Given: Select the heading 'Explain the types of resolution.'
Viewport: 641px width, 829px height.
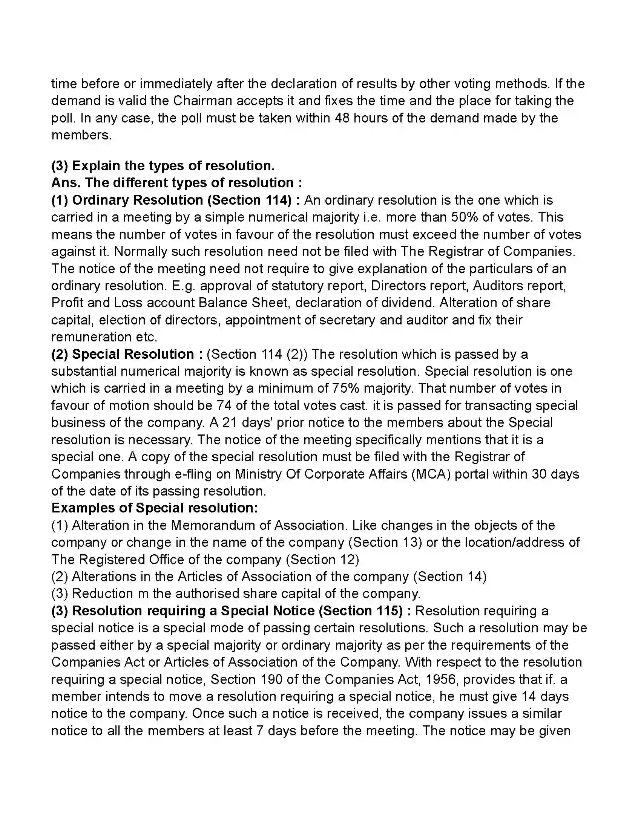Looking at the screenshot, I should point(173,166).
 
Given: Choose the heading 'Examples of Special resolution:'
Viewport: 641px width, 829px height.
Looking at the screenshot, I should point(155,508).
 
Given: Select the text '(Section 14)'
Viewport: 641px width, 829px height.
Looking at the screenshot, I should point(449,577).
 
